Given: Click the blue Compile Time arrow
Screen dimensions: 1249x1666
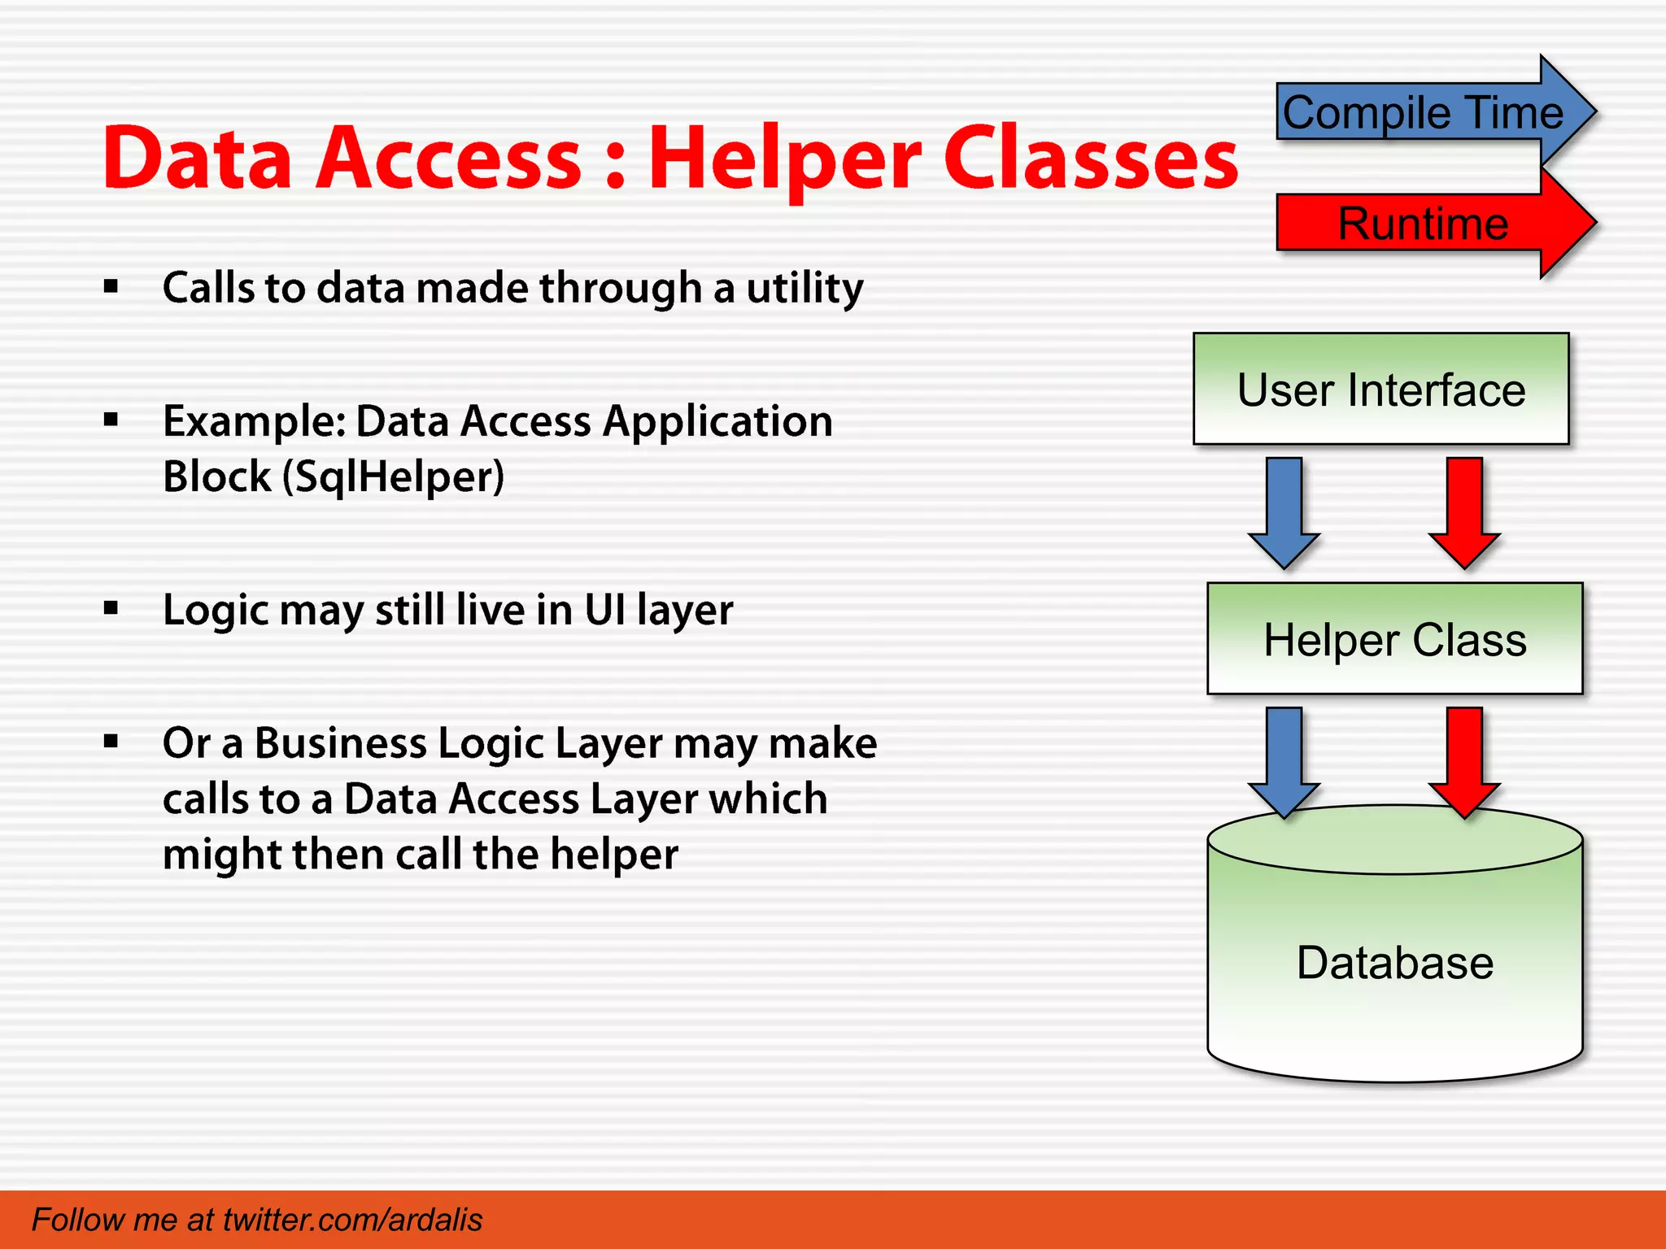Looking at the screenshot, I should [1424, 112].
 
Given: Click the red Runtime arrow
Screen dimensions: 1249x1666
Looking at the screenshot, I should [1424, 224].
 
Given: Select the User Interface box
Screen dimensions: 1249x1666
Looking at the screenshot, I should [1380, 389].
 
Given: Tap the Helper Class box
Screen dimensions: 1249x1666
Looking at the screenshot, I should [1394, 639].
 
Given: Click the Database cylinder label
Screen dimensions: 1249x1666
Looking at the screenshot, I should [1394, 963].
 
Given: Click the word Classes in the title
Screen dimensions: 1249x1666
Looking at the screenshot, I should [1090, 159].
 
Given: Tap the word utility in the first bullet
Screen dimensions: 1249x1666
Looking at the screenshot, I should [805, 289].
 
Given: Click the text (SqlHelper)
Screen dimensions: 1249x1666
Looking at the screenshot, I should [394, 477].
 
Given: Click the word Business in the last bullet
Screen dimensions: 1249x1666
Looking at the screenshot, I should [340, 743].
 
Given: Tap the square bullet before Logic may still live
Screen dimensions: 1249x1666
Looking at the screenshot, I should [111, 608].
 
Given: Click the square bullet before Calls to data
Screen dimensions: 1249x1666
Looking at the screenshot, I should [111, 286].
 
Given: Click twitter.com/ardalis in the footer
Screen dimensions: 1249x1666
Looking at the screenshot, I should [352, 1220].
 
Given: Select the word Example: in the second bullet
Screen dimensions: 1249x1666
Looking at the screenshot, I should [255, 422].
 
